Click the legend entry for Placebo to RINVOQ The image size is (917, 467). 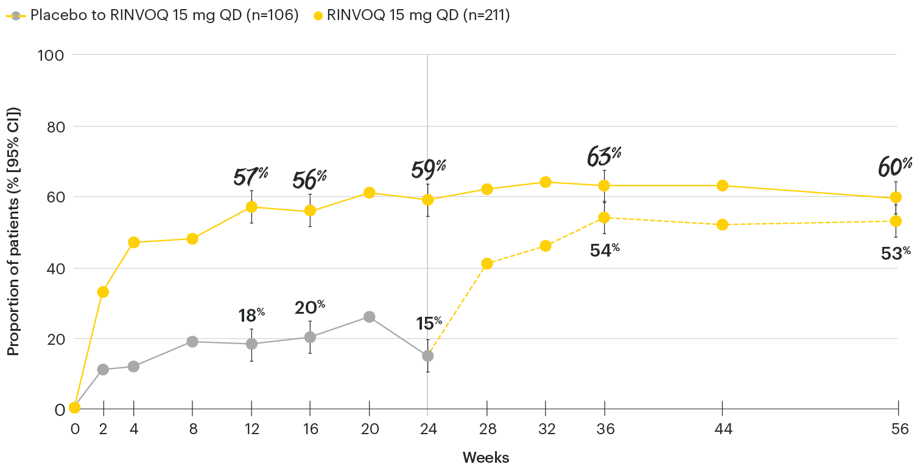pos(152,16)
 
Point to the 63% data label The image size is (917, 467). pos(603,156)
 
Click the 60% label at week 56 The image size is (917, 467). pos(894,165)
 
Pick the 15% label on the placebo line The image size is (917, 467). pos(429,323)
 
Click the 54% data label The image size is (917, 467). pos(604,251)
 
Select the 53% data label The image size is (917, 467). pos(895,254)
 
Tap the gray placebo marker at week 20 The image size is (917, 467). pos(369,317)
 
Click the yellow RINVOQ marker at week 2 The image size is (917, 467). pos(103,292)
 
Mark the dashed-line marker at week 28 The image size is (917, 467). pos(487,264)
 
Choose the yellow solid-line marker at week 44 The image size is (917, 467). pos(722,185)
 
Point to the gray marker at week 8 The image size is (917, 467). pos(192,342)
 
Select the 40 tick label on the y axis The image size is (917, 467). pos(55,268)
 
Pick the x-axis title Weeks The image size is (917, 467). pos(485,457)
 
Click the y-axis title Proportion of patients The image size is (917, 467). pos(13,231)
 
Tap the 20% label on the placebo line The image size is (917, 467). pos(309,308)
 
